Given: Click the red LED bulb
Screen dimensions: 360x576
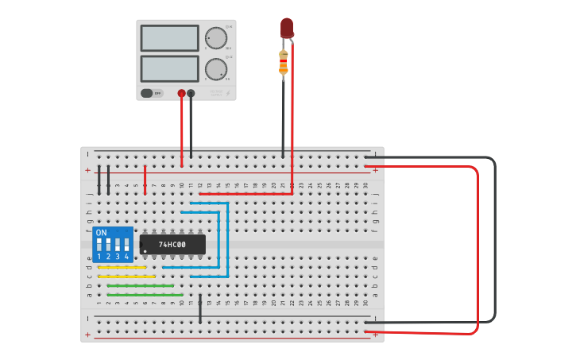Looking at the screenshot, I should click(x=287, y=28).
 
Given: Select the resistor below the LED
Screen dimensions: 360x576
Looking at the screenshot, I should click(x=284, y=63).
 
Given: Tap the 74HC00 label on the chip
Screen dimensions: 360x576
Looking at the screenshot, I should click(x=172, y=245).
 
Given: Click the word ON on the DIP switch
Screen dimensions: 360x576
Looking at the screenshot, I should click(x=101, y=233).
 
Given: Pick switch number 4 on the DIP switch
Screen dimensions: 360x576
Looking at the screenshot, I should click(x=126, y=245).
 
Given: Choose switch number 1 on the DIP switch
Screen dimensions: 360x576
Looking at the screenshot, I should click(x=99, y=245).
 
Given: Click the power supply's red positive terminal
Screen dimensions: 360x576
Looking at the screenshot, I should click(x=181, y=93).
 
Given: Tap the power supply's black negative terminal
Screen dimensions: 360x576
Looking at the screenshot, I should click(x=191, y=93).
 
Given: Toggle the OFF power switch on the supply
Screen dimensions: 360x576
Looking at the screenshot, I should click(x=152, y=93).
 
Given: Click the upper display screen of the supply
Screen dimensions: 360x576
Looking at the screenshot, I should click(x=169, y=38).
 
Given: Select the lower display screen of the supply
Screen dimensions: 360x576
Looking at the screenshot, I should click(x=169, y=68).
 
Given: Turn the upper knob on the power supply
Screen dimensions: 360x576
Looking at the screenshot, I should click(x=215, y=37).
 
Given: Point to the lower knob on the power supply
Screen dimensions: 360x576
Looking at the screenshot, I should click(x=215, y=68).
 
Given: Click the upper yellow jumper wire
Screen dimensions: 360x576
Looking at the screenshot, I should click(x=122, y=267).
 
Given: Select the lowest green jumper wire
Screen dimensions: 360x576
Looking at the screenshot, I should click(x=145, y=295).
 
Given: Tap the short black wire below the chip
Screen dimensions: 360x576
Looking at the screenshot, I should click(x=200, y=308).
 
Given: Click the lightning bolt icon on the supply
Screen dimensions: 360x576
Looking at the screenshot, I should click(x=228, y=93).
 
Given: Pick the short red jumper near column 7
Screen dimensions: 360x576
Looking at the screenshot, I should click(x=145, y=179).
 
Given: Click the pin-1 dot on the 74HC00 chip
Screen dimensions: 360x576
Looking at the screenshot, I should click(x=145, y=251).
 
